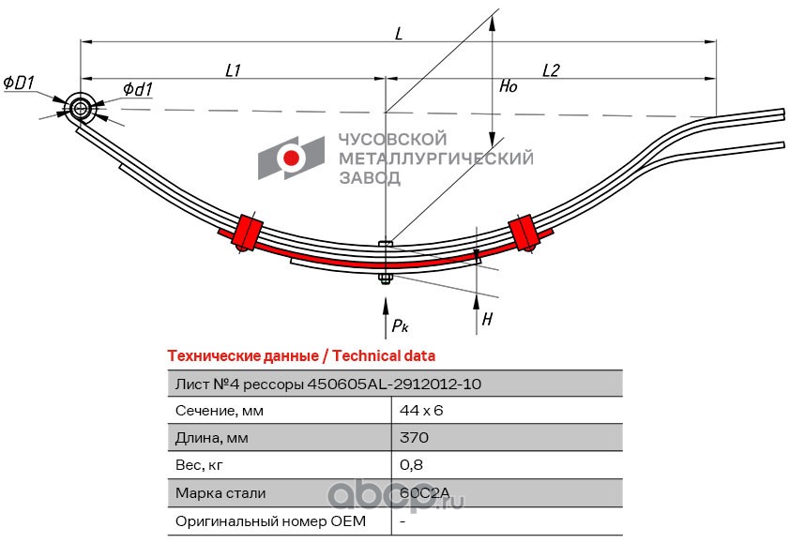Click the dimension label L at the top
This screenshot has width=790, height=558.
[399, 34]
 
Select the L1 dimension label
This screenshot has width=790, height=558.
[234, 70]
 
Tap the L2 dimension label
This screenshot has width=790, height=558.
[551, 70]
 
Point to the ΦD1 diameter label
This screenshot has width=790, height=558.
[19, 83]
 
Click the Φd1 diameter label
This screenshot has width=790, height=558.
[138, 90]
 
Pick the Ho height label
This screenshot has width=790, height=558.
[509, 86]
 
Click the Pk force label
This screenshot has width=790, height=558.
[400, 325]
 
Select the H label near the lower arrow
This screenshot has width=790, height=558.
[487, 319]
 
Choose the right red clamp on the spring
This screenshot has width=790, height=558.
[524, 233]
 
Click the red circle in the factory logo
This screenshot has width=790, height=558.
[291, 158]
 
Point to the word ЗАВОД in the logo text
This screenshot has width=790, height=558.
[370, 178]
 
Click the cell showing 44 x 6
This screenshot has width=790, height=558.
[421, 411]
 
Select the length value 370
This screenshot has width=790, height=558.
[414, 437]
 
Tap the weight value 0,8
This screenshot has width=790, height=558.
[411, 465]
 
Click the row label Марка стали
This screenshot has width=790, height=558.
[220, 493]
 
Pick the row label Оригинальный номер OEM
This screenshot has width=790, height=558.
[270, 520]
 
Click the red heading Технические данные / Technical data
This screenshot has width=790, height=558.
[301, 356]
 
